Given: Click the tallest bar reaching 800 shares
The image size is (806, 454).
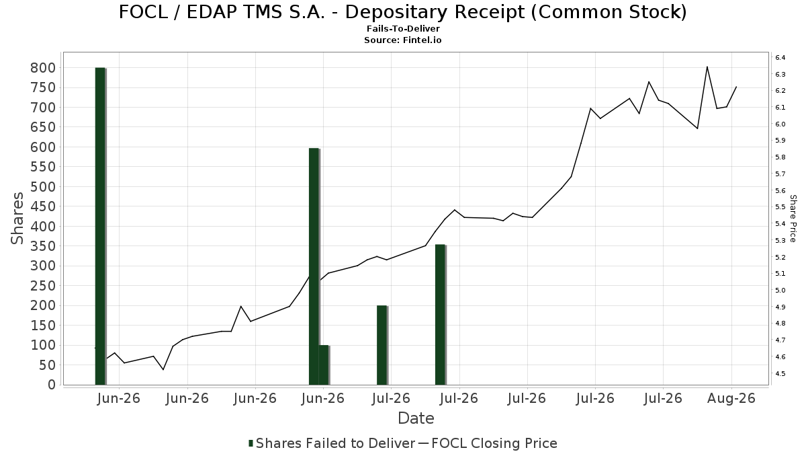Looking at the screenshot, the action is pos(100,226).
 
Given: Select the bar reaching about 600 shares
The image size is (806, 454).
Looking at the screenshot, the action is pos(314,266).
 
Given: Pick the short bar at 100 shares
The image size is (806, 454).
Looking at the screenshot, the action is pos(324,365).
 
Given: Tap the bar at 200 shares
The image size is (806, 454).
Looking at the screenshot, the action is pos(382,345).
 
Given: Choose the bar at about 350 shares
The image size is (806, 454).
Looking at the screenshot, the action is pos(441,315).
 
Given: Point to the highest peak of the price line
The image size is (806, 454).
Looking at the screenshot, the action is pos(707,67).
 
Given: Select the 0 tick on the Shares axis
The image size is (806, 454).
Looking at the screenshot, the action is pos(52,385).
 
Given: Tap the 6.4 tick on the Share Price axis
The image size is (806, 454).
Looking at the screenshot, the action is pos(780,58).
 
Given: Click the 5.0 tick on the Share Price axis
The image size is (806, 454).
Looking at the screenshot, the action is pos(780,291).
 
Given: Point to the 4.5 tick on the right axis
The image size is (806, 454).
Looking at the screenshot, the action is pos(780,374).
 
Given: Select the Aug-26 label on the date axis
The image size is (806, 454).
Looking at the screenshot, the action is pos(731,398).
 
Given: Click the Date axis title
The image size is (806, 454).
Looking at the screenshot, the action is pos(416,418).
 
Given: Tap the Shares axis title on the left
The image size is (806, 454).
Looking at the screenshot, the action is pos(17,219).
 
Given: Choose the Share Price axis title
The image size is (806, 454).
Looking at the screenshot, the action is pos(793,219).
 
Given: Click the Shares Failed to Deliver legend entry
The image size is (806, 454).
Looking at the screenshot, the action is pos(332,443).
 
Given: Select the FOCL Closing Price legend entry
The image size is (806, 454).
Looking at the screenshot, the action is pos(488,443).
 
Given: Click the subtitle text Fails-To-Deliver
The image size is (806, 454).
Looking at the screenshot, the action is pos(403,28).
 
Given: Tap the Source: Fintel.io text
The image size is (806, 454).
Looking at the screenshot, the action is pos(403,40).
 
